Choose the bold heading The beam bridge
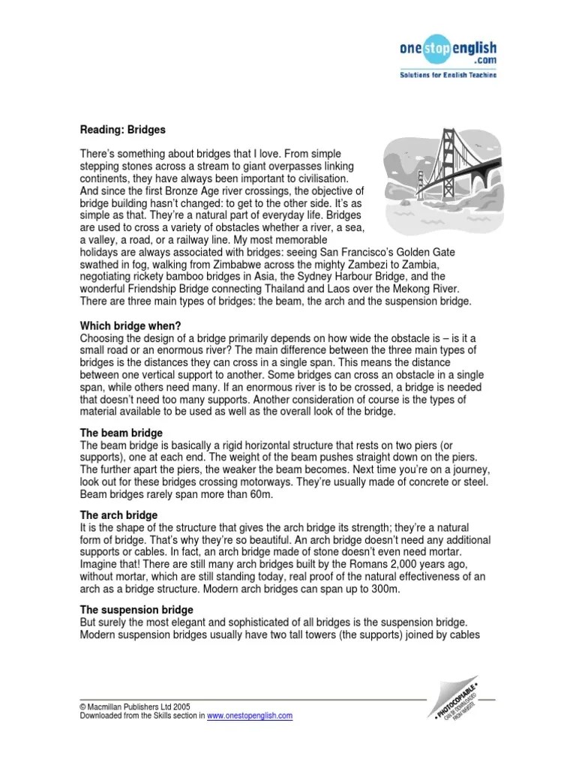tap(121, 434)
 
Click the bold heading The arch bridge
tap(118, 515)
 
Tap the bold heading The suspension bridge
tap(136, 610)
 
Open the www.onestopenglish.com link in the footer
tap(249, 716)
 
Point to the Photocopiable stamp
tap(454, 701)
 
